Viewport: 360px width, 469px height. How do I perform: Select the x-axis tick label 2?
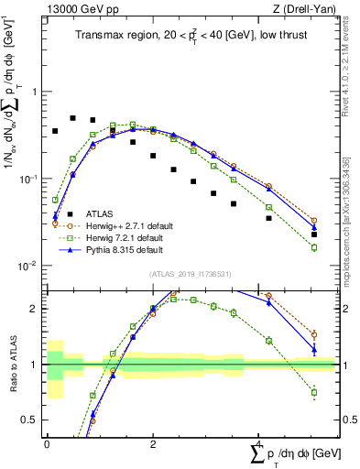click(x=151, y=443)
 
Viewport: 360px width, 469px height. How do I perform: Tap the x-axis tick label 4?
click(x=256, y=443)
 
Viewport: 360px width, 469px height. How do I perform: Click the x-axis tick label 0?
click(x=46, y=443)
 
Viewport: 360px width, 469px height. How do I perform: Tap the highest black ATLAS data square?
click(x=73, y=118)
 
